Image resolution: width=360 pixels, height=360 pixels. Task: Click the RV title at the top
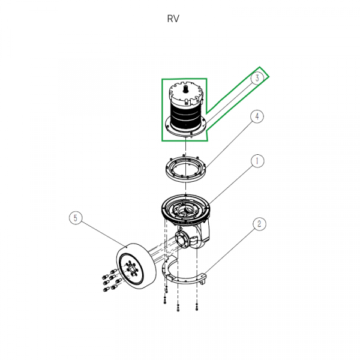[x=173, y=19]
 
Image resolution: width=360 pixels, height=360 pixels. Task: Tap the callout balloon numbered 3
[x=257, y=79]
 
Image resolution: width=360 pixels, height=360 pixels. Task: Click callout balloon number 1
[x=256, y=161]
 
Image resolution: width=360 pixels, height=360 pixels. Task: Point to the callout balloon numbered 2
[x=259, y=224]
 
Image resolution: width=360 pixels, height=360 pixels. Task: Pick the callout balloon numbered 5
[x=75, y=218]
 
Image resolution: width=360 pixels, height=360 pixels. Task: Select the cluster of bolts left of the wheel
[x=107, y=282]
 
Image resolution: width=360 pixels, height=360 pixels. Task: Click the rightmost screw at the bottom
[x=196, y=307]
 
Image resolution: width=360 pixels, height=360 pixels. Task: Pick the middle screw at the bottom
[x=178, y=307]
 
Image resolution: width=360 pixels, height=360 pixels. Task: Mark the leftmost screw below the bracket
[x=164, y=299]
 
